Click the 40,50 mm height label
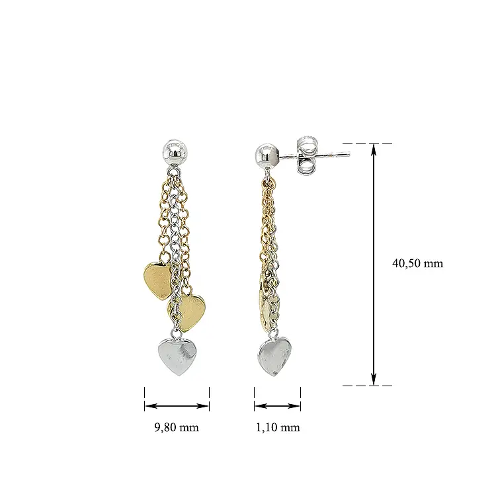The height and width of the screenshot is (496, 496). tap(417, 263)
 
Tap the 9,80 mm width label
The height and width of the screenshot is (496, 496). tap(177, 427)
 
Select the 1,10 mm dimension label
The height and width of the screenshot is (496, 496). tap(278, 427)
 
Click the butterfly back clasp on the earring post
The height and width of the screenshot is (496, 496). tap(306, 155)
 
